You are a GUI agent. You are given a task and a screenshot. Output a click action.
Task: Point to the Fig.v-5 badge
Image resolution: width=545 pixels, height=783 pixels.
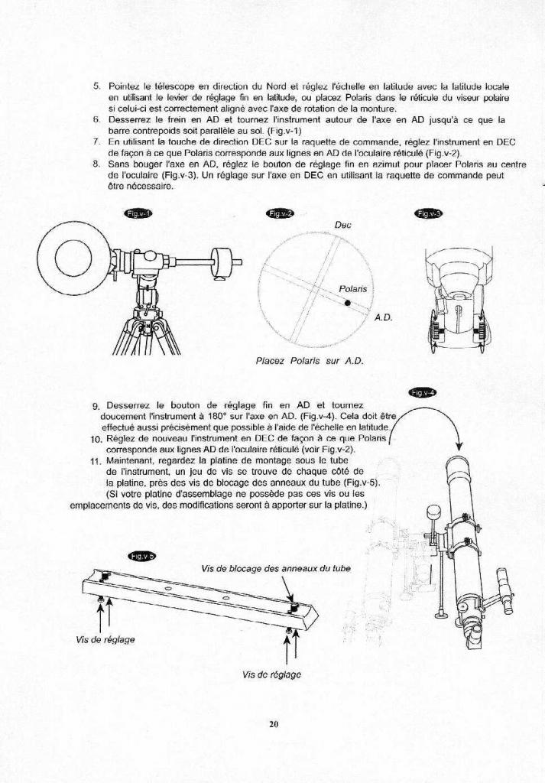click(x=142, y=557)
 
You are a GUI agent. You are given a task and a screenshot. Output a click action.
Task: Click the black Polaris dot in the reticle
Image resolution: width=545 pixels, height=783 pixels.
click(x=347, y=303)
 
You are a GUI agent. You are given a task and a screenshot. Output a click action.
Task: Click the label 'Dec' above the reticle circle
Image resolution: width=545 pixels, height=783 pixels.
click(x=342, y=226)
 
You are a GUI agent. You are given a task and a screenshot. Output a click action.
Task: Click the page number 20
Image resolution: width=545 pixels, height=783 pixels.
click(x=272, y=725)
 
